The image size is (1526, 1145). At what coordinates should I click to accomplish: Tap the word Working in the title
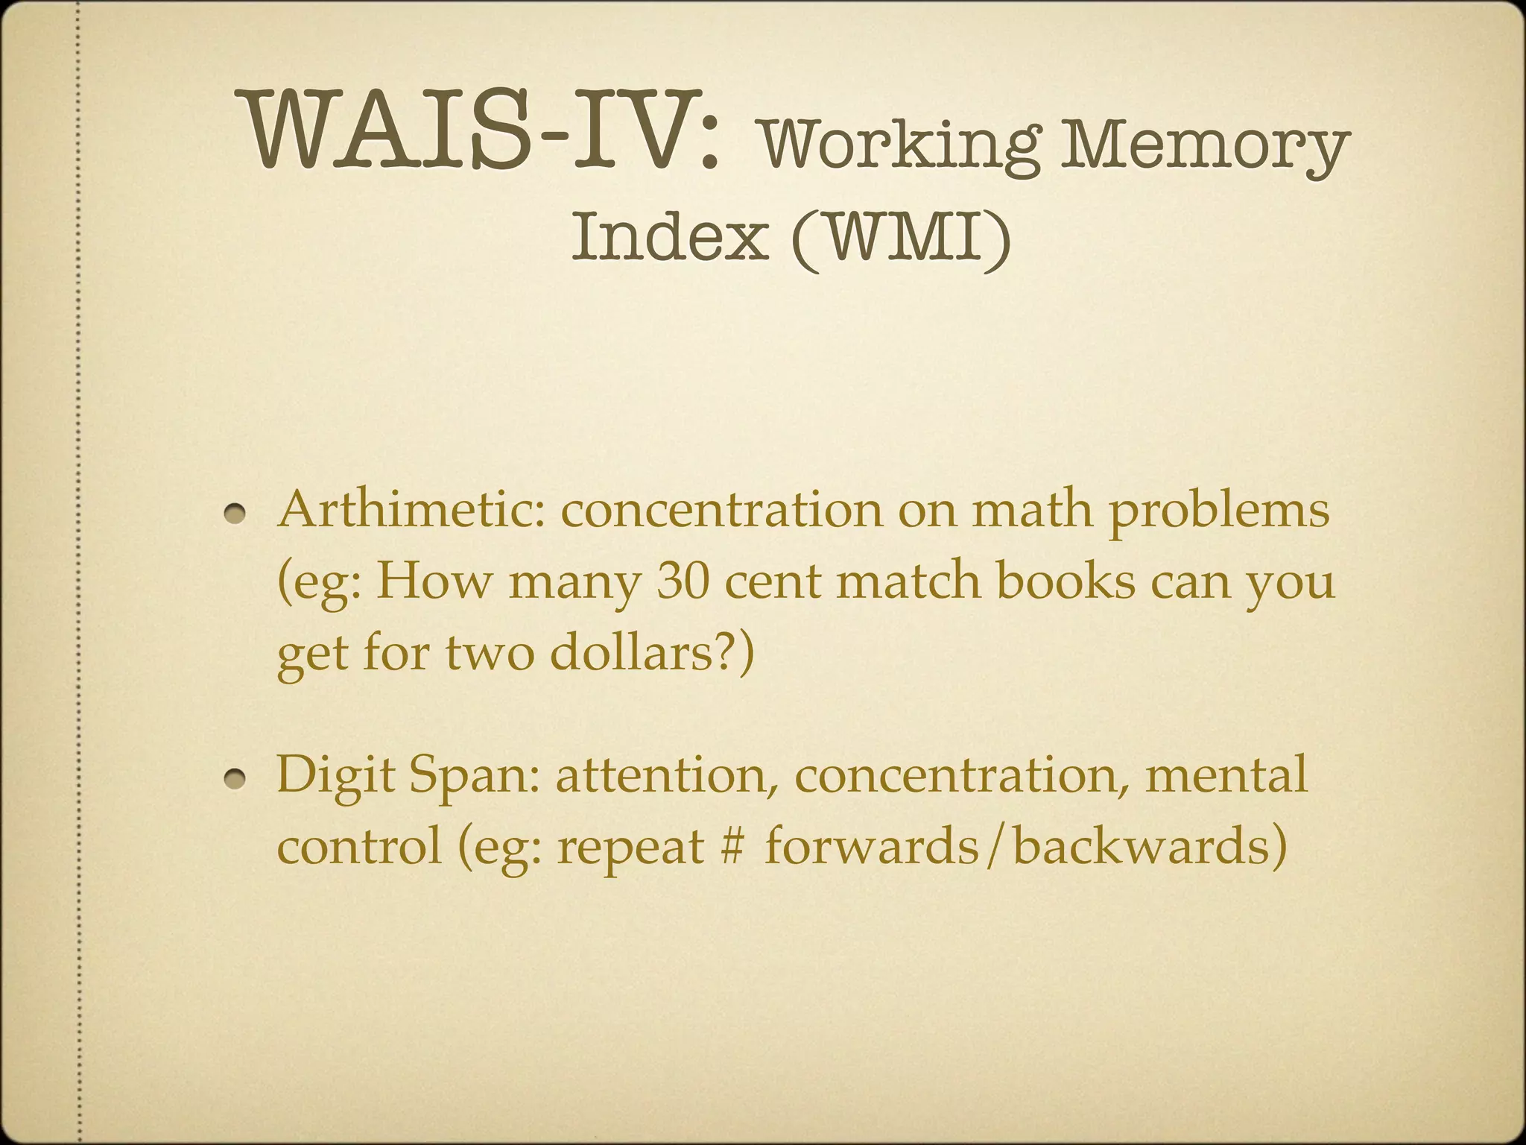[x=897, y=146]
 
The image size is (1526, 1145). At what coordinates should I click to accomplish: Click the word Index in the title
[x=670, y=235]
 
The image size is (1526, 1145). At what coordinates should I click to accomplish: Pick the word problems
[x=1219, y=513]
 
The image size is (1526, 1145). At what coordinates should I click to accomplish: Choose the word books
[x=1066, y=581]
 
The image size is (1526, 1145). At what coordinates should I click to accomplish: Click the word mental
[x=1226, y=775]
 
